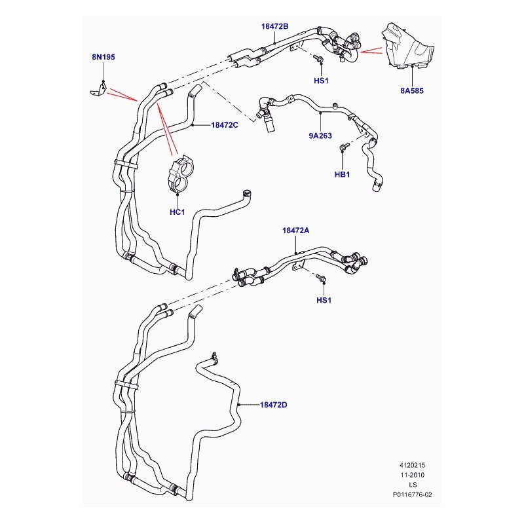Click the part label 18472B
(274, 26)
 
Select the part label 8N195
(103, 57)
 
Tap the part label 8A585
(412, 90)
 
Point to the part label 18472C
(225, 125)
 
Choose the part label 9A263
(320, 136)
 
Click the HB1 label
(342, 174)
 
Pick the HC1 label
(177, 212)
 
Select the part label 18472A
(296, 231)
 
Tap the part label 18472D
(273, 405)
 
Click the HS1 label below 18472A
(324, 300)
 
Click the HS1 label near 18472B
(321, 81)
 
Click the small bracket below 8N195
(99, 89)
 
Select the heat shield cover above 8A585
(407, 46)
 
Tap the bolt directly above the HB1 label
(344, 146)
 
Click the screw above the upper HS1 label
(318, 59)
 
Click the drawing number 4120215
(413, 465)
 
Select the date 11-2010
(413, 475)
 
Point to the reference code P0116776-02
(413, 495)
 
